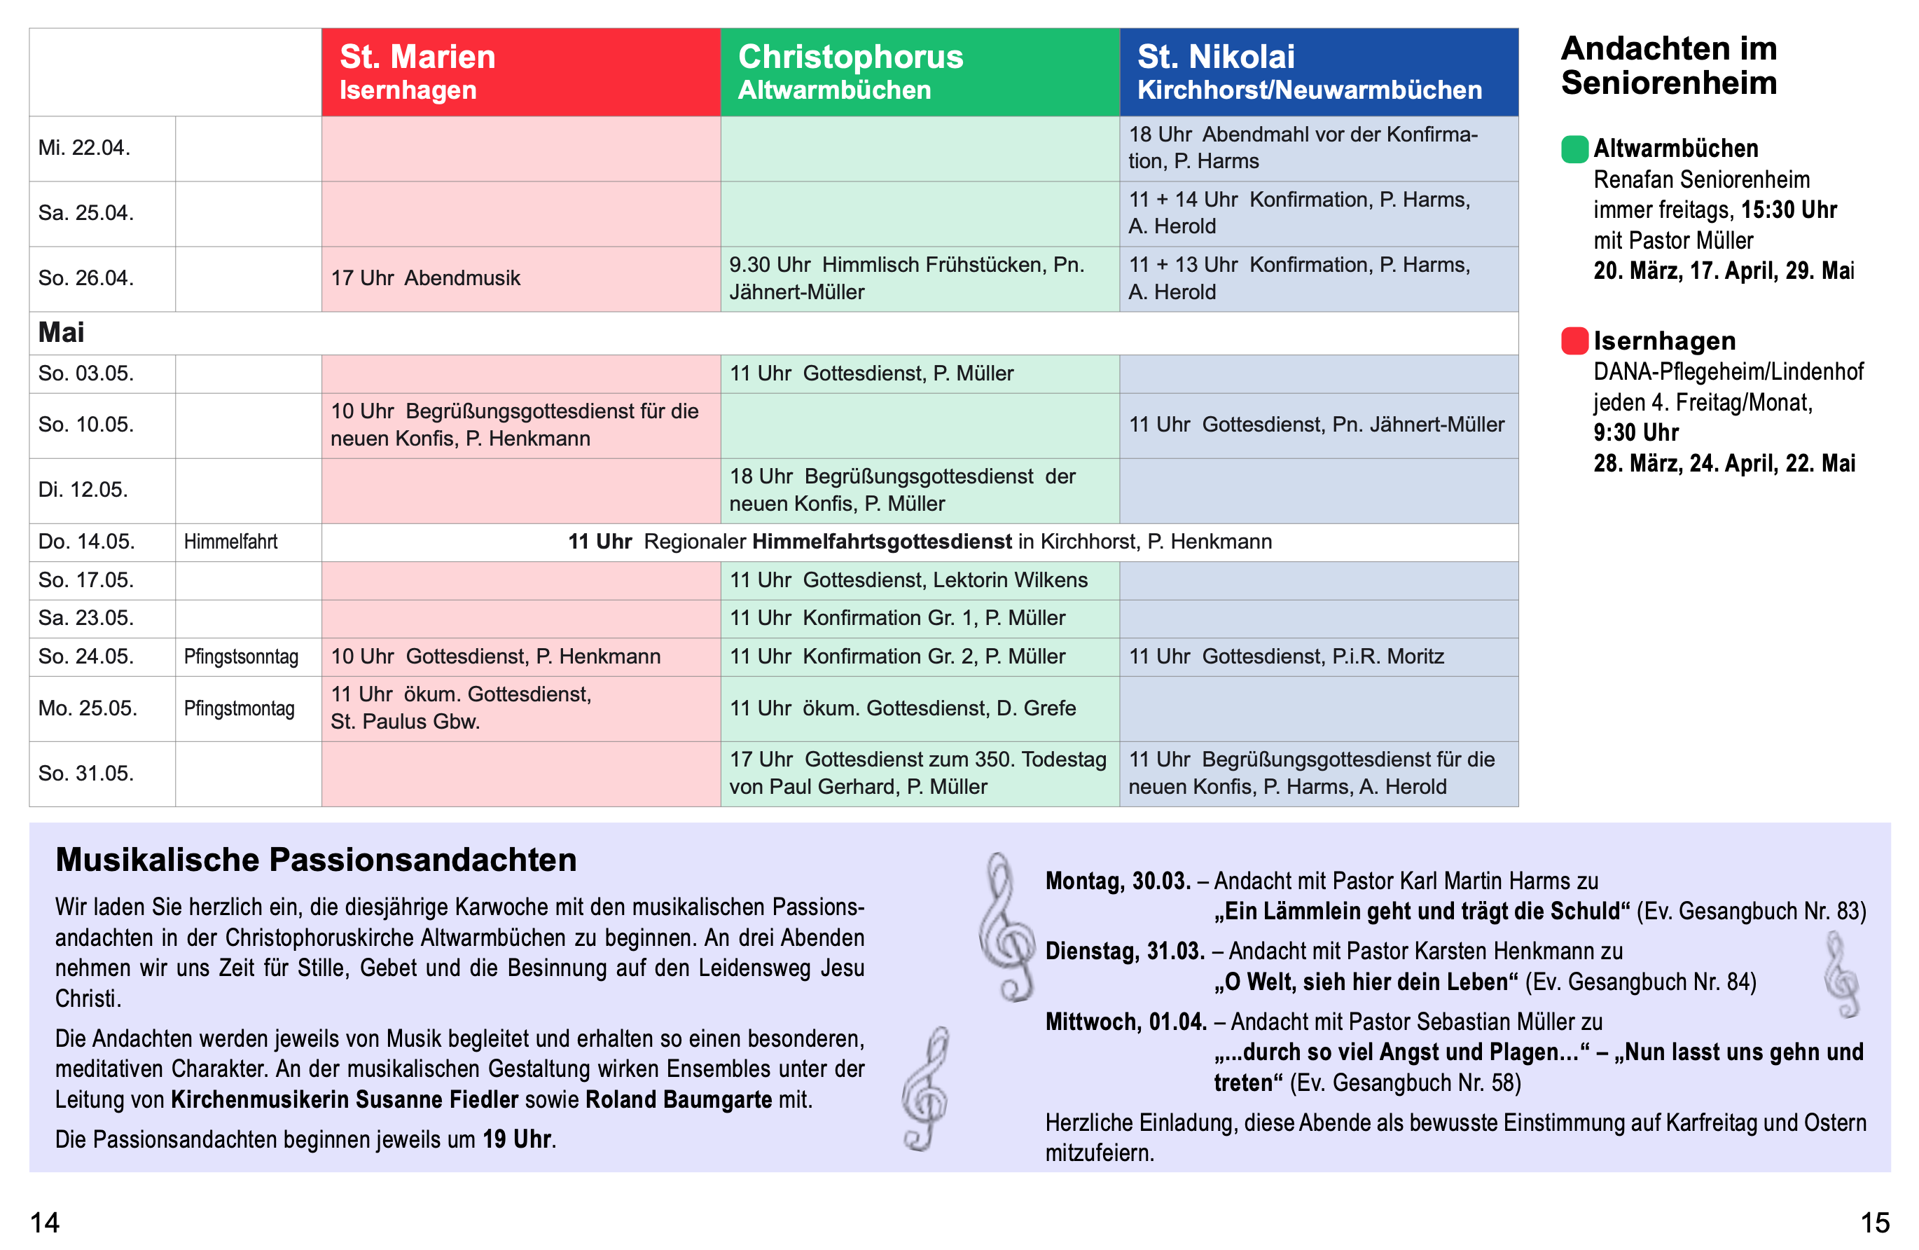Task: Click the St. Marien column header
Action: (520, 71)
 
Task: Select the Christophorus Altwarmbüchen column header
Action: (919, 71)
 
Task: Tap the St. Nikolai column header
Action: (1318, 71)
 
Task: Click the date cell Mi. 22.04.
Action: (85, 149)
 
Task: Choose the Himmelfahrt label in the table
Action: (230, 542)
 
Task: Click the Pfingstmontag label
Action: (240, 709)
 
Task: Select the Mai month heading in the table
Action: (61, 332)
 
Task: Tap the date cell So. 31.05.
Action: (85, 774)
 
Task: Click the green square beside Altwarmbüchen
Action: (1574, 149)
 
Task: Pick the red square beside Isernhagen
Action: (1574, 341)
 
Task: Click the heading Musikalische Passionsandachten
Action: (316, 860)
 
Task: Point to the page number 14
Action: (45, 1223)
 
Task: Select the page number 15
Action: (1875, 1223)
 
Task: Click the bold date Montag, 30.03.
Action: (1118, 881)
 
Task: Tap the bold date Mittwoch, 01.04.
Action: (1125, 1022)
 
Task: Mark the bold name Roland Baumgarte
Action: (678, 1099)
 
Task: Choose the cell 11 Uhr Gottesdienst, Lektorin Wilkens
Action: (908, 580)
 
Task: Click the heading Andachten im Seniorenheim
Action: (1668, 65)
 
